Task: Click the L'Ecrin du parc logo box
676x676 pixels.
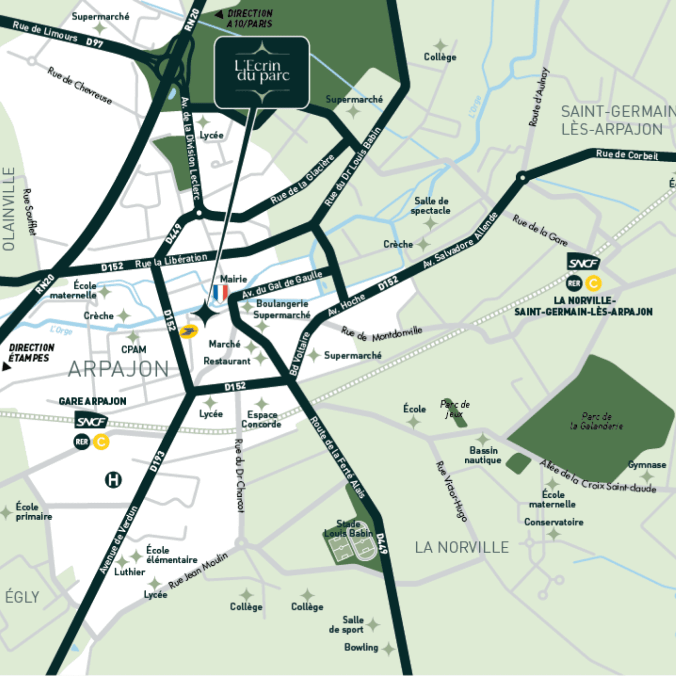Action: click(262, 72)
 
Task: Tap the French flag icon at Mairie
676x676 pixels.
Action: click(220, 293)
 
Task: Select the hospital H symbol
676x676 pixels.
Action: click(113, 480)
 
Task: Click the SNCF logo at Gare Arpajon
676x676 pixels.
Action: click(91, 421)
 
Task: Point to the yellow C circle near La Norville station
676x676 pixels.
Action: click(593, 283)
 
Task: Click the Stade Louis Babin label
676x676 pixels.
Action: click(349, 528)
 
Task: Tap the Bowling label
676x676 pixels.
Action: click(361, 647)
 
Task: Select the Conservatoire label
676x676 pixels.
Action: click(554, 522)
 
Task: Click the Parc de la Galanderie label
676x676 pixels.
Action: click(596, 421)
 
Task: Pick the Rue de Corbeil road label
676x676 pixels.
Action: click(626, 155)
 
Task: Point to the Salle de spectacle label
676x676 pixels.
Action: click(431, 205)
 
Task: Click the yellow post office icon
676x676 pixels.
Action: click(188, 332)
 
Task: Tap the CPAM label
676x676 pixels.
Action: click(134, 349)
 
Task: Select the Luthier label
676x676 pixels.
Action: click(130, 572)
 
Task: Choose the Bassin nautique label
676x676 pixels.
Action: click(483, 455)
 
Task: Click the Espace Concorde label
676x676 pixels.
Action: click(262, 420)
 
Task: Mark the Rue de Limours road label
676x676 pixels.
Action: click(45, 32)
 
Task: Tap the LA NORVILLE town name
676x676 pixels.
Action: click(461, 548)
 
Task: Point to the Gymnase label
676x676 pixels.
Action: click(647, 465)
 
